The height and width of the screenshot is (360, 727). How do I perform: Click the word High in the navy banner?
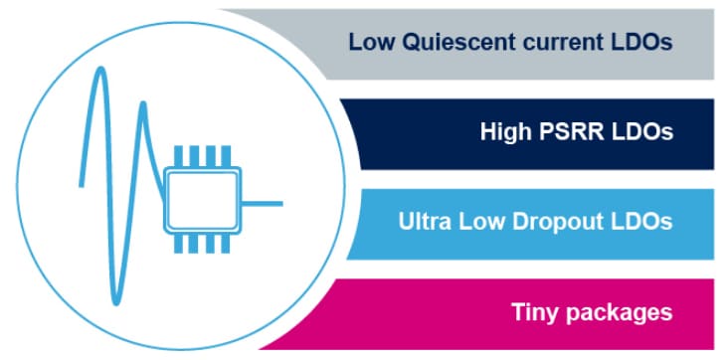click(507, 132)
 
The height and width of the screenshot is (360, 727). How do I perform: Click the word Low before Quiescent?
click(369, 43)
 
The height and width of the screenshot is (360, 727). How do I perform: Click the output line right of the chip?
click(263, 204)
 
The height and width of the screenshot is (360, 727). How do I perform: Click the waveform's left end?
click(82, 184)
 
